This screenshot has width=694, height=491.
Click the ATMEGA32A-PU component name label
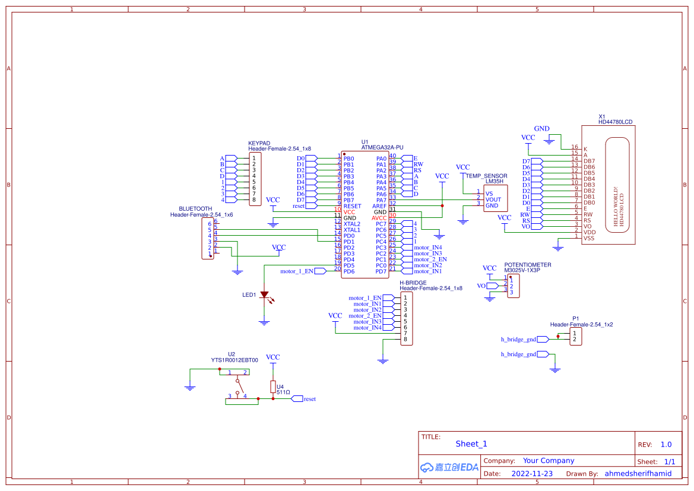(x=382, y=147)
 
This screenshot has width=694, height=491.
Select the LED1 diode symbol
(x=264, y=294)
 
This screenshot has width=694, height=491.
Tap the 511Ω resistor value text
(x=283, y=392)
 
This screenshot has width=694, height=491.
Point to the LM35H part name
(x=494, y=182)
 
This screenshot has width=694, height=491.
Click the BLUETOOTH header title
(x=195, y=209)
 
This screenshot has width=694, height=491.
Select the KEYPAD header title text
(x=259, y=143)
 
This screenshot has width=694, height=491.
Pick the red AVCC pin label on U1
(x=379, y=218)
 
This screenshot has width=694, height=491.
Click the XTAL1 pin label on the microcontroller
(x=351, y=230)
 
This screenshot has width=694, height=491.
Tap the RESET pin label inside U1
(x=352, y=206)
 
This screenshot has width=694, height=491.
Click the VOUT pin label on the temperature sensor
(x=493, y=199)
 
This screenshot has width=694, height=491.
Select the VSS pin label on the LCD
(x=589, y=238)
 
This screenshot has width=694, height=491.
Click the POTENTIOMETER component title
(x=527, y=265)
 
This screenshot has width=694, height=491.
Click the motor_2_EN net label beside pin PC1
(x=430, y=259)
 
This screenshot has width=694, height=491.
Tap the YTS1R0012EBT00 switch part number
(x=234, y=360)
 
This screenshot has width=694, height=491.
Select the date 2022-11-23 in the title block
(x=531, y=474)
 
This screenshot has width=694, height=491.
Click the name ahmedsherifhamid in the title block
(x=638, y=474)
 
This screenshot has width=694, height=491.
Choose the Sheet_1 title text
(x=471, y=444)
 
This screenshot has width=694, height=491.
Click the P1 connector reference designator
(x=575, y=318)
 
